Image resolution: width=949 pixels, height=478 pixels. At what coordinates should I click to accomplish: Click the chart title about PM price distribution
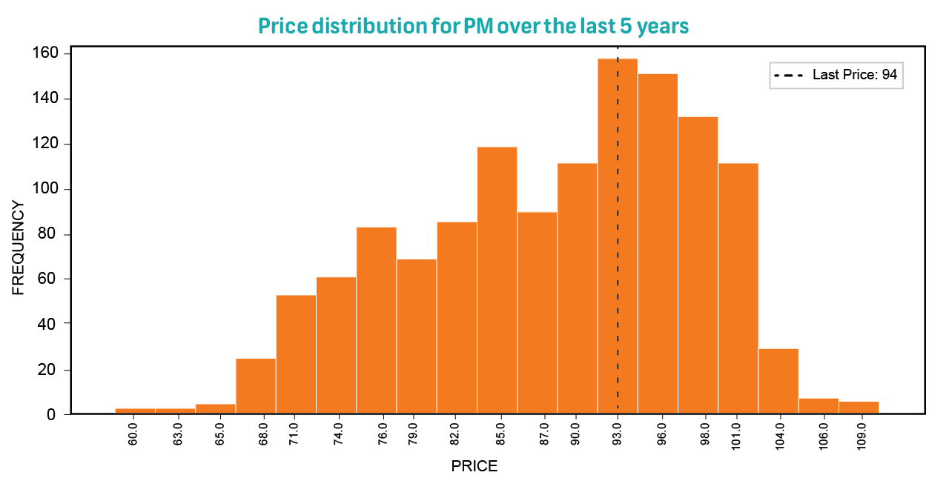(x=474, y=27)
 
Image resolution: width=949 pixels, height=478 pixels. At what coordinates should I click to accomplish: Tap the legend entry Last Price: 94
(x=836, y=75)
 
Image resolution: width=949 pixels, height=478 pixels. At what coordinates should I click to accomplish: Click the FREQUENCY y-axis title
(x=19, y=248)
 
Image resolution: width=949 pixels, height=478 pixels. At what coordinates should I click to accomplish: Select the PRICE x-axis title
(x=474, y=467)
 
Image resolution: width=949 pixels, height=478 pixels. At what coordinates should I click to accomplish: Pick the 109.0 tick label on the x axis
(x=862, y=432)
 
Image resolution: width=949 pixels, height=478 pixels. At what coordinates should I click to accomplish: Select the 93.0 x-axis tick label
(x=618, y=432)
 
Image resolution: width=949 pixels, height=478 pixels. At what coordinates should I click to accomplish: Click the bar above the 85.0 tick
(x=497, y=282)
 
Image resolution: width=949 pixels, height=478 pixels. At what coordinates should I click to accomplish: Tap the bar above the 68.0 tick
(x=256, y=387)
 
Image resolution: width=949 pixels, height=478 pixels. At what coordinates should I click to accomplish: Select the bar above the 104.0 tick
(x=778, y=382)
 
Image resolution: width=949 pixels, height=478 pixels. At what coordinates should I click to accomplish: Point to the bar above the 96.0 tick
(x=658, y=245)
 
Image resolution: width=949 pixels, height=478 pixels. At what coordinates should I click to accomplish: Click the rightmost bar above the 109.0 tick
(x=859, y=408)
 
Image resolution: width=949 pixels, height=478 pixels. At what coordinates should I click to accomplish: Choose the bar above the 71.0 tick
(x=296, y=356)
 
